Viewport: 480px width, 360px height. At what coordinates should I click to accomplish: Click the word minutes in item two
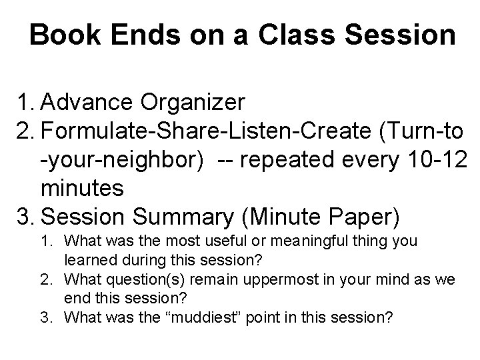click(82, 189)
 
